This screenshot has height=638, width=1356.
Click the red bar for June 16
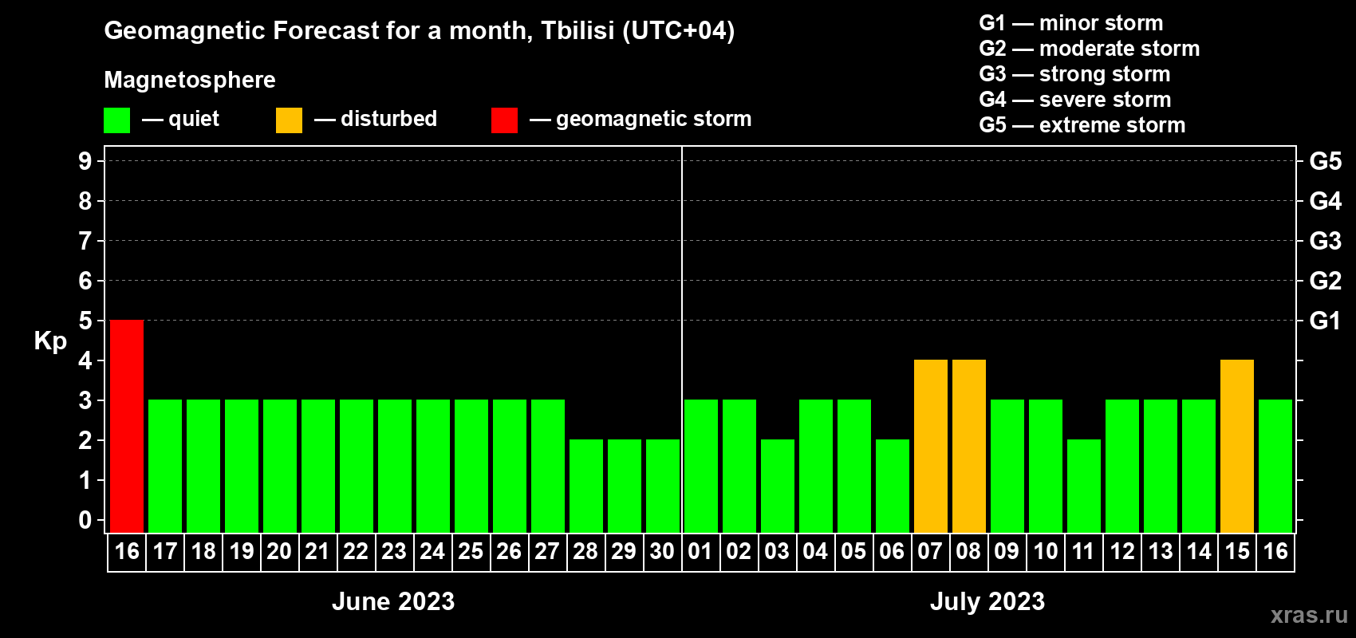click(x=127, y=426)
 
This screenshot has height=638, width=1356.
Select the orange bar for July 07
click(x=930, y=446)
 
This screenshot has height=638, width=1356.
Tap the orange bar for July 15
click(x=1236, y=446)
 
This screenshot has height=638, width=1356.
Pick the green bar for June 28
click(x=586, y=486)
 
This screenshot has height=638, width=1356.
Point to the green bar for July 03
click(x=777, y=486)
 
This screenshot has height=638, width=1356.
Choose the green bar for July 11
click(x=1083, y=486)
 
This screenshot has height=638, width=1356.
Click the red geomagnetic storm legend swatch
click(x=504, y=120)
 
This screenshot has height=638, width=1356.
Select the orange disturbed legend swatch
click(x=289, y=120)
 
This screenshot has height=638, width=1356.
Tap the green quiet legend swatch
click(x=116, y=120)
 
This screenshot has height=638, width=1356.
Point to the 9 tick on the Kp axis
click(x=85, y=161)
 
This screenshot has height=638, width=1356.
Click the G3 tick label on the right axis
click(x=1325, y=241)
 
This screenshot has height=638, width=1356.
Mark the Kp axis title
click(x=50, y=341)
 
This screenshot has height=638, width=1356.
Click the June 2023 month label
click(x=393, y=601)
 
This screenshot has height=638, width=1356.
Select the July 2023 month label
click(x=987, y=601)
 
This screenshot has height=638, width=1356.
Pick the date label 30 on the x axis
click(x=662, y=551)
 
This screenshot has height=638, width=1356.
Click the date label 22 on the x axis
click(x=355, y=551)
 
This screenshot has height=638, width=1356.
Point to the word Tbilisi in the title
click(x=577, y=30)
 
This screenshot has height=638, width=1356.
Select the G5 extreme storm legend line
click(x=1082, y=125)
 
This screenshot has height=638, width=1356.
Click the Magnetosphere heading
click(x=190, y=80)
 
